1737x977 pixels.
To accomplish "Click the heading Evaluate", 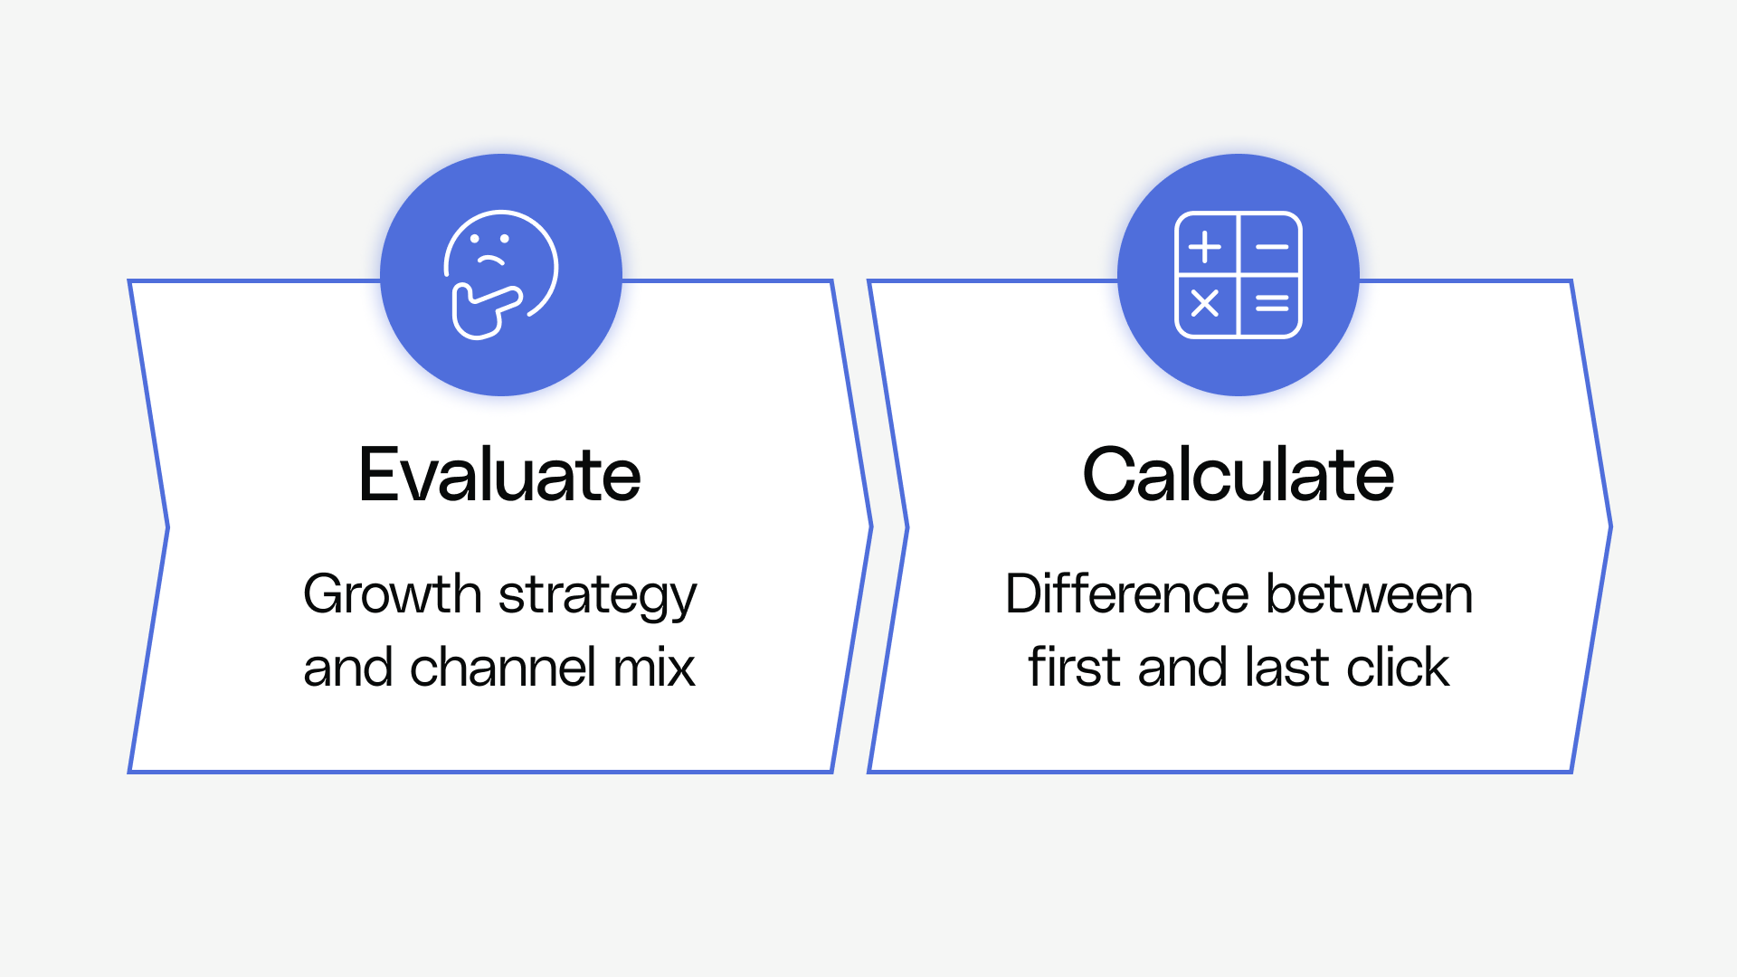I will click(x=499, y=475).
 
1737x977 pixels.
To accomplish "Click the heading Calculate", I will click(x=1238, y=475).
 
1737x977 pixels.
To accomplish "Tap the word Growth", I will click(x=392, y=594).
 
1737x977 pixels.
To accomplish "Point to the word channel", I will click(x=502, y=668).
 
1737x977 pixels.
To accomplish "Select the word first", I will click(x=1074, y=668).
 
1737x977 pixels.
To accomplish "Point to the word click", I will click(x=1398, y=668).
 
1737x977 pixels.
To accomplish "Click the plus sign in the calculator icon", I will click(x=1205, y=246).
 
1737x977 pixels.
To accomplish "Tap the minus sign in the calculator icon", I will click(x=1272, y=246).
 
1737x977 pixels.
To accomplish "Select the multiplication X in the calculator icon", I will click(x=1205, y=303).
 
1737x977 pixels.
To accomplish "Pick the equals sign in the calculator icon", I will click(x=1272, y=304).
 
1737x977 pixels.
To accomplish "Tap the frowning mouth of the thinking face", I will click(x=490, y=261).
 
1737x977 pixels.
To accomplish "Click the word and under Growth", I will click(x=347, y=668).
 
